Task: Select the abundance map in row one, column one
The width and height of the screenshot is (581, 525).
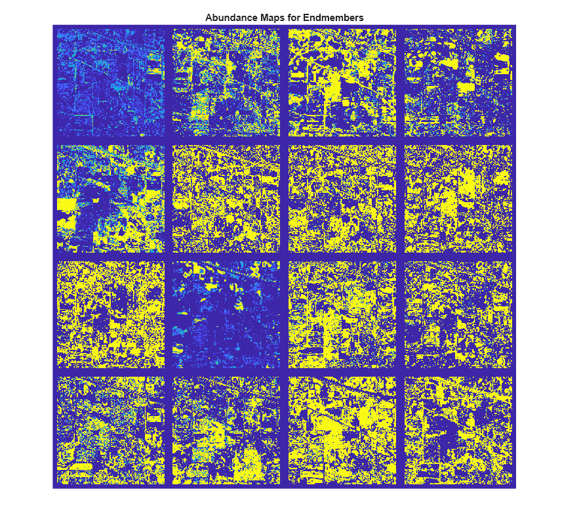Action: click(x=110, y=82)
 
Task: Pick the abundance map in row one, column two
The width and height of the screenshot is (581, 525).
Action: click(x=226, y=82)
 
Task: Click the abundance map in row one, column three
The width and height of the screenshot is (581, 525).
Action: click(x=342, y=82)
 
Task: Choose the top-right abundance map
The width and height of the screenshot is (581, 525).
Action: click(x=458, y=82)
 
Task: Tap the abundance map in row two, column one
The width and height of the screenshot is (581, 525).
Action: click(x=110, y=198)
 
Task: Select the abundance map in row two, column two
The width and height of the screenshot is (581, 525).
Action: click(x=226, y=198)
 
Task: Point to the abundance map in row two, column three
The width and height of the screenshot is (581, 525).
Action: click(x=342, y=198)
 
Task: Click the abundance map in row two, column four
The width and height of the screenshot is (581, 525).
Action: click(x=458, y=198)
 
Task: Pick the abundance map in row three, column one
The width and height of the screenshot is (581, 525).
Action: click(x=110, y=314)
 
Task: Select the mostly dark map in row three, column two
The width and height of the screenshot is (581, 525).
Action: click(x=226, y=314)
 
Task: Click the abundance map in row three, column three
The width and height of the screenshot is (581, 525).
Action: click(x=342, y=314)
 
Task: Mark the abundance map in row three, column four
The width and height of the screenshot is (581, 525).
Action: click(x=458, y=314)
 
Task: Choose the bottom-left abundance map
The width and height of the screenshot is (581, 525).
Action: click(x=110, y=430)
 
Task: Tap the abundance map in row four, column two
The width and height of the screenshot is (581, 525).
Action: click(x=226, y=430)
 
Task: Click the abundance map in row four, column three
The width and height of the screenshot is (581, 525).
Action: click(x=342, y=430)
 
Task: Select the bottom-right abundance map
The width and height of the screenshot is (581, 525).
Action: click(x=458, y=430)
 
